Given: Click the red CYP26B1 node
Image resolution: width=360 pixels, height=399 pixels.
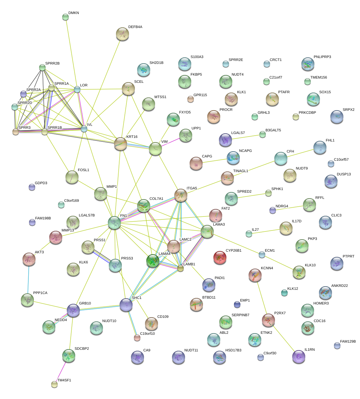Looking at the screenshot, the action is [220, 258].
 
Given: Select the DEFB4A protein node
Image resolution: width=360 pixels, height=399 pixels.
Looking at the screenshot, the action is [122, 34].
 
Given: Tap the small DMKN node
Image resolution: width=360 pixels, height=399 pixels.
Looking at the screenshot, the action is [65, 17].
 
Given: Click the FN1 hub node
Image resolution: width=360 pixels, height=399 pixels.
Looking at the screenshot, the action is [114, 222].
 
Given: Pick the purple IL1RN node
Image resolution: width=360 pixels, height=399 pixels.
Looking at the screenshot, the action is [299, 357].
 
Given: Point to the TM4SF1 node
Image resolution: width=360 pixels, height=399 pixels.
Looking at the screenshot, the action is [54, 384].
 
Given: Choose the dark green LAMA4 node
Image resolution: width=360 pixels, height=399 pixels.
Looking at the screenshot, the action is [153, 261].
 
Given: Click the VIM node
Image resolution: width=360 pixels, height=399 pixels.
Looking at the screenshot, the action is [155, 149].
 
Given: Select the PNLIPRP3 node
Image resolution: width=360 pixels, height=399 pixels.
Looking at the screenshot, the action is [308, 64].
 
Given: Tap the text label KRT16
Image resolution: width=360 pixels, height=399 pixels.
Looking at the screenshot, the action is [132, 137].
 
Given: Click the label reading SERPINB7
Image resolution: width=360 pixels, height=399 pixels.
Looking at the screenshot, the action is [240, 315].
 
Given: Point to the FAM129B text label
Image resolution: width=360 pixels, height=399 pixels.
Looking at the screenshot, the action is [348, 342].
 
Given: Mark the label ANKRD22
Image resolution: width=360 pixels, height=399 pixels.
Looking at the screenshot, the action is [339, 286].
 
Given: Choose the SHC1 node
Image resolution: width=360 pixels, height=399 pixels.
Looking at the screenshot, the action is [126, 305].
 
